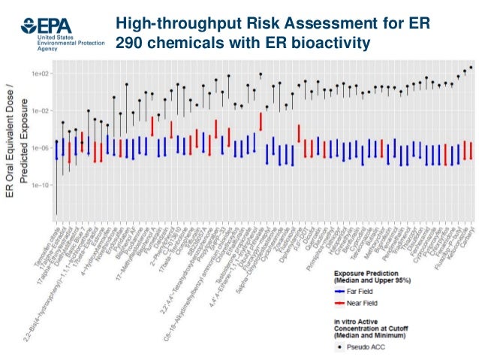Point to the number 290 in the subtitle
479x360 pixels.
tap(128, 44)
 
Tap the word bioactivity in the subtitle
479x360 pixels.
tap(330, 44)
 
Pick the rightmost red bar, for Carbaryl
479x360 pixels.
tap(470, 150)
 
